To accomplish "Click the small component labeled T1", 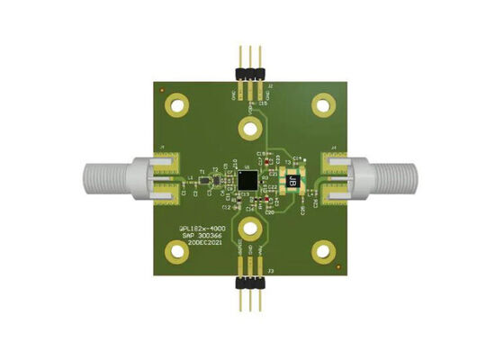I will [203, 171].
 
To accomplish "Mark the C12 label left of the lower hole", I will [227, 206].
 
